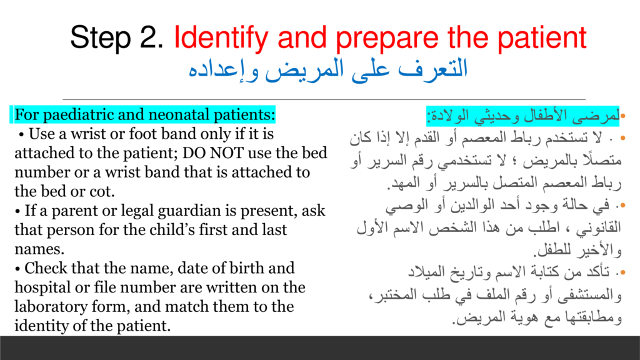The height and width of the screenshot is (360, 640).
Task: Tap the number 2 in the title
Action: [x=151, y=37]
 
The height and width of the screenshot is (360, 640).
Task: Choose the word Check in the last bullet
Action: [x=44, y=268]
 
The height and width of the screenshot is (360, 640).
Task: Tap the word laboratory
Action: [x=51, y=307]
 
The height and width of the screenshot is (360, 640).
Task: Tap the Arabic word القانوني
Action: [x=598, y=228]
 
